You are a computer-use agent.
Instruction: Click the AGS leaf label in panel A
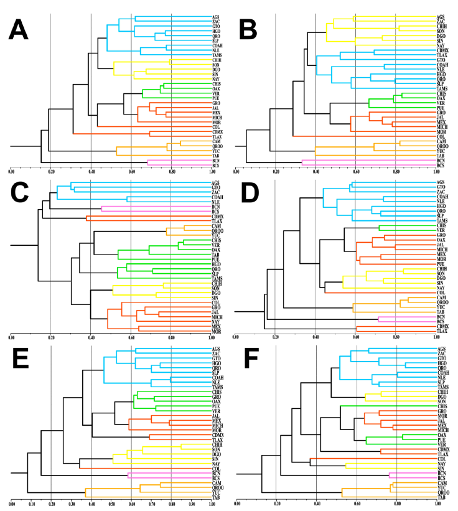(x=216, y=16)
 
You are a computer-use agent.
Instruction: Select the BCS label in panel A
(x=216, y=166)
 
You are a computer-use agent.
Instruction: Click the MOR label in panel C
(x=216, y=331)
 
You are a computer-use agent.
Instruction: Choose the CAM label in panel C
(x=216, y=225)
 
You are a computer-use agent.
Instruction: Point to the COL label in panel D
(x=442, y=292)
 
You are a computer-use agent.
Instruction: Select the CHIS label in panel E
(x=217, y=391)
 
